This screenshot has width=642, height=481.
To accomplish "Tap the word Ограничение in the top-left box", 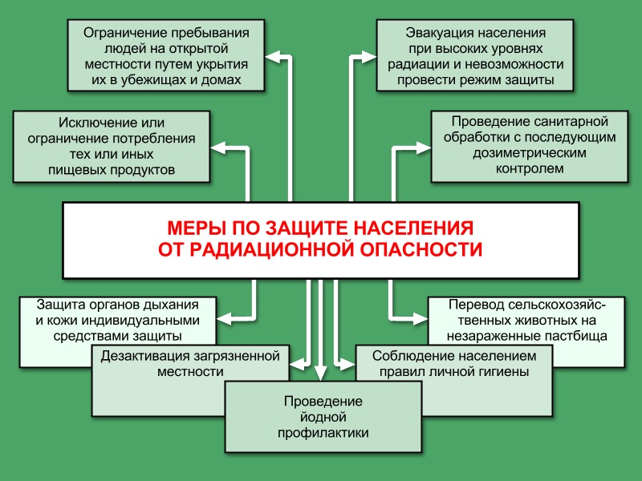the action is point(125,33).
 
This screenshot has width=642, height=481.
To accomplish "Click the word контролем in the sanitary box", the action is point(530,168).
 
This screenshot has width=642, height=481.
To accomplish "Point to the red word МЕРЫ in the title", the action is point(197,228).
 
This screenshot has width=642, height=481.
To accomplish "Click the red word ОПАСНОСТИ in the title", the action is point(421,249).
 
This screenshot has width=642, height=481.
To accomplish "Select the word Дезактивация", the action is point(144,356).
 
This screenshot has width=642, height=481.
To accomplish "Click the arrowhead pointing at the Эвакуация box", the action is point(368,57).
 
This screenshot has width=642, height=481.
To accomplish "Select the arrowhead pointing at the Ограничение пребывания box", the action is point(273,57).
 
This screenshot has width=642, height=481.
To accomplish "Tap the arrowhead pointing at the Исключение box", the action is point(218,148).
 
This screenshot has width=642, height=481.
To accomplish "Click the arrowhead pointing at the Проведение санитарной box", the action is point(424,148).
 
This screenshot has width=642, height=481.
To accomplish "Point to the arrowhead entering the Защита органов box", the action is point(225,318).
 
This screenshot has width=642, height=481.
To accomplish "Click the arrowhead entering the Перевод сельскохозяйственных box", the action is point(420,318).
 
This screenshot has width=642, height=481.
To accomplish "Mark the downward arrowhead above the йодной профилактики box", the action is point(320,374).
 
